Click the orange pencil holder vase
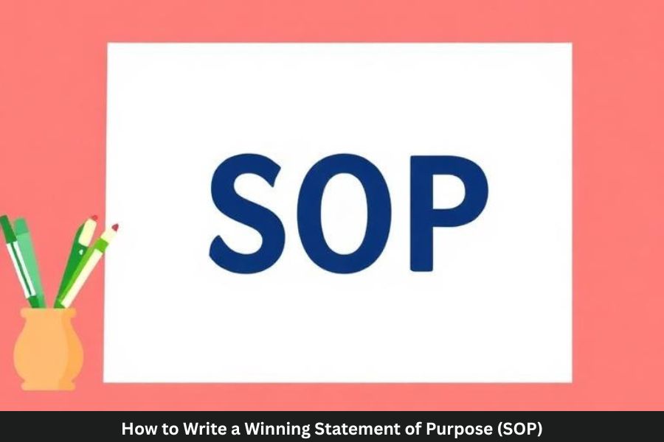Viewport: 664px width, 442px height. (48, 350)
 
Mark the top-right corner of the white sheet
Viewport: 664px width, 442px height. (571, 44)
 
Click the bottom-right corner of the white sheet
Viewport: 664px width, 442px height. (571, 381)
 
